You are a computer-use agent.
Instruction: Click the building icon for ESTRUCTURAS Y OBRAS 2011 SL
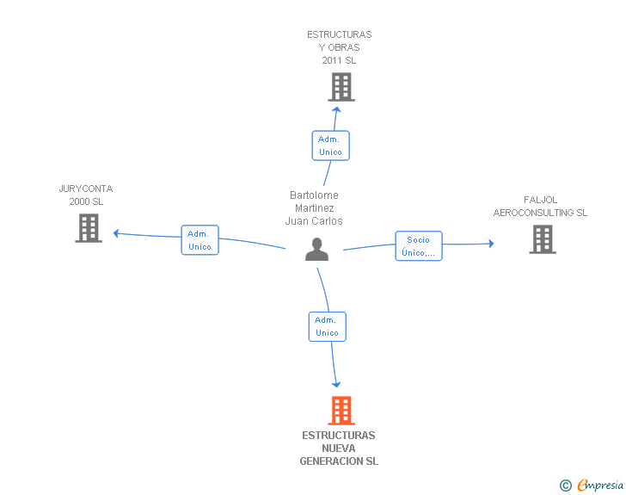(x=341, y=87)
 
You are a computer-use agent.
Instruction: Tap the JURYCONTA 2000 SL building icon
(x=89, y=228)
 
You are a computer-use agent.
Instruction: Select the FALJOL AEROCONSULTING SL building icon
(x=542, y=239)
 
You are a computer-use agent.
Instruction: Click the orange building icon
(x=341, y=411)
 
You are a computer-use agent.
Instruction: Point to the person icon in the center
(x=317, y=250)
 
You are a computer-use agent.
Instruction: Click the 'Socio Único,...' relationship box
(x=419, y=246)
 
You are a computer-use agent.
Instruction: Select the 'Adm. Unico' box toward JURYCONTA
(x=199, y=240)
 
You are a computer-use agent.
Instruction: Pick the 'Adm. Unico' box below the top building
(x=330, y=145)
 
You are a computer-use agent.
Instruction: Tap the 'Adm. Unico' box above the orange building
(x=327, y=326)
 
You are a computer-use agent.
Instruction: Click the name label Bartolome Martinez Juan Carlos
(x=314, y=208)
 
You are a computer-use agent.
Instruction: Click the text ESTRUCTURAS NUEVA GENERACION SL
(x=339, y=449)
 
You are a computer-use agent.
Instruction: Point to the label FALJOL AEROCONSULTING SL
(x=540, y=207)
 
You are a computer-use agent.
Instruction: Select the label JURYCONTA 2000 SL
(x=86, y=195)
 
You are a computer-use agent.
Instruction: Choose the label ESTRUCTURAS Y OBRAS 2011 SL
(x=340, y=48)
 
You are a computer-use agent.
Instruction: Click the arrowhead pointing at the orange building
(x=336, y=384)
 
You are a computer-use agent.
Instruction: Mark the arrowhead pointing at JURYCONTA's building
(x=116, y=232)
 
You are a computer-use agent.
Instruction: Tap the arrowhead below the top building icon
(x=339, y=108)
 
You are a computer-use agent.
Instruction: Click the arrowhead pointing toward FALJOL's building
(x=491, y=244)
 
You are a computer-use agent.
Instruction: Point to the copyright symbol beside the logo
(x=565, y=486)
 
